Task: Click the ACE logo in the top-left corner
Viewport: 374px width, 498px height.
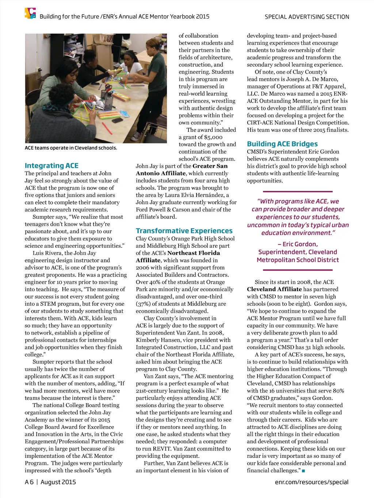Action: point(30,13)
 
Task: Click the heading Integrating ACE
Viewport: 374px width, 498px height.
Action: point(51,166)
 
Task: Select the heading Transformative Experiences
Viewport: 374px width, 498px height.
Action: point(184,231)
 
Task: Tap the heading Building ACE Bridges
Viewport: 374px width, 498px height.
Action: point(282,144)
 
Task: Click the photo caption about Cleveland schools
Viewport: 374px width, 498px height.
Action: point(71,148)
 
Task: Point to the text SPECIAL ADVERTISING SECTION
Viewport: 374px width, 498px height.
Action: point(307,17)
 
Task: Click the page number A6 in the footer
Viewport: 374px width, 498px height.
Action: point(29,482)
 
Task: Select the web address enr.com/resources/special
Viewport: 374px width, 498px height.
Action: point(312,482)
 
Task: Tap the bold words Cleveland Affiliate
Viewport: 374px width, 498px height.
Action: point(274,289)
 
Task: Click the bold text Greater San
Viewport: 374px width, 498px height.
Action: point(210,166)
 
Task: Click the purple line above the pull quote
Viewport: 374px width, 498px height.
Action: point(298,192)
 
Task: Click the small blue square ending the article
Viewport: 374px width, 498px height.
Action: point(303,471)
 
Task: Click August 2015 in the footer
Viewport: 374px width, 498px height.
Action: point(58,482)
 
